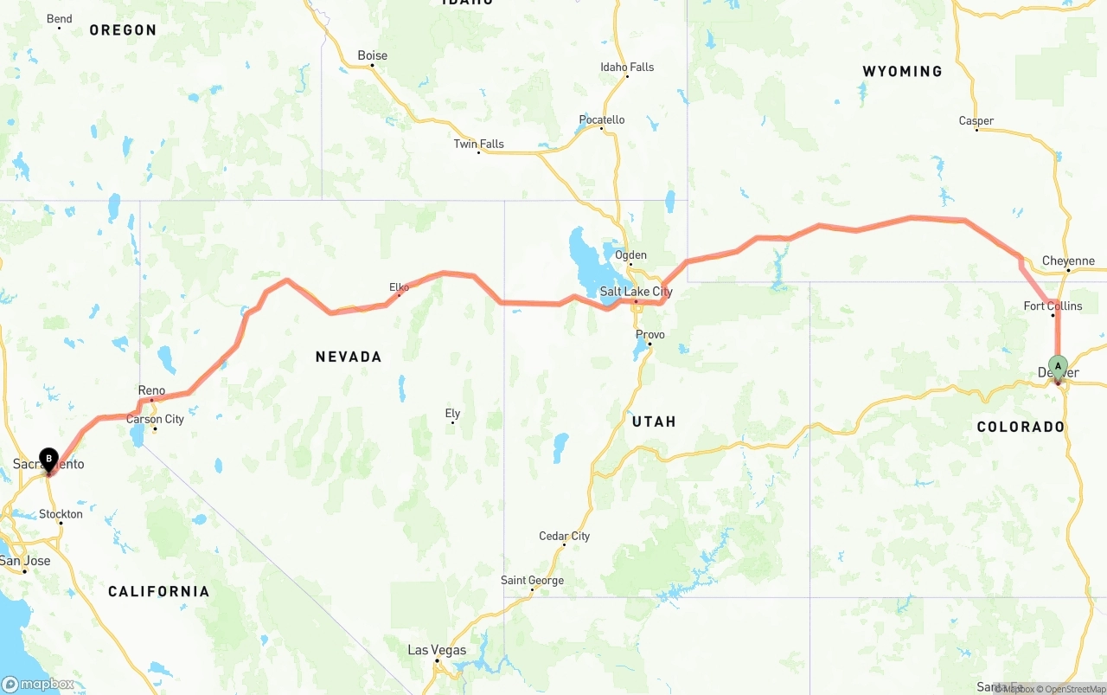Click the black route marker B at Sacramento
49,458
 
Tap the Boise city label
373,55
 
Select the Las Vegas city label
437,650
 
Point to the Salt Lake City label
636,292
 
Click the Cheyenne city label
1068,261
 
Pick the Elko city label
399,287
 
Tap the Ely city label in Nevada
452,413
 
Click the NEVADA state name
348,357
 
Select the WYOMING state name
902,71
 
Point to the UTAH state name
654,422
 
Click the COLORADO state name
1021,427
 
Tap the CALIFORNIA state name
158,591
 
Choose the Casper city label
976,120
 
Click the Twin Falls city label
478,144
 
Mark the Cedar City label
564,536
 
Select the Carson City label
155,419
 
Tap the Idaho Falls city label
627,67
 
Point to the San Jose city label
25,560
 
